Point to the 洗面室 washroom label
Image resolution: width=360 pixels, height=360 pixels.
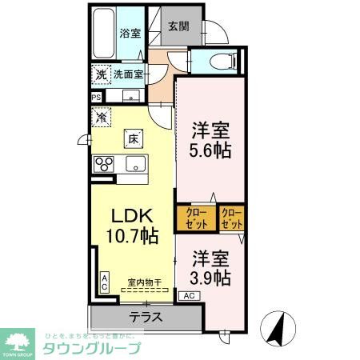[127, 74]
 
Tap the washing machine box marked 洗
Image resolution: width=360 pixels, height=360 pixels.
[100, 74]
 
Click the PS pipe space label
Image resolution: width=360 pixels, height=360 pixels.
[97, 98]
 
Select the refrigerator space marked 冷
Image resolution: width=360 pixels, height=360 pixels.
[102, 118]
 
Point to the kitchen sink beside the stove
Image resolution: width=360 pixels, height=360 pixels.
[134, 166]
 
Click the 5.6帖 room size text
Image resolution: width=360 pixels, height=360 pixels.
[211, 149]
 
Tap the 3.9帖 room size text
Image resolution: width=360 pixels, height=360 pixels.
[211, 278]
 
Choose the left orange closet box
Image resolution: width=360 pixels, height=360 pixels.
[196, 219]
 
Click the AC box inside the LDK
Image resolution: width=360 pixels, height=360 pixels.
[104, 281]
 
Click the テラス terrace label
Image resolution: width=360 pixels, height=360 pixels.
[146, 316]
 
